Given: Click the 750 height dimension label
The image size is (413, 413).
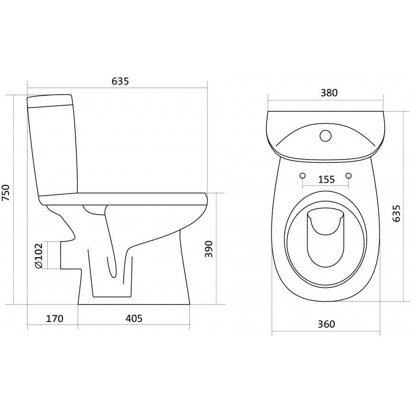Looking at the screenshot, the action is pyautogui.click(x=6, y=193).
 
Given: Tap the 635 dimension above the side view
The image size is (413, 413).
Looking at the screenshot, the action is pyautogui.click(x=120, y=81).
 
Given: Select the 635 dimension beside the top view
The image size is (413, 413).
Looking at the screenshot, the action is pyautogui.click(x=396, y=213).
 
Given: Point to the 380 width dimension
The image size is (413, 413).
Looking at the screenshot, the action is pyautogui.click(x=329, y=93).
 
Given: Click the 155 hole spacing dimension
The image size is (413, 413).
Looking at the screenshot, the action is pyautogui.click(x=326, y=180).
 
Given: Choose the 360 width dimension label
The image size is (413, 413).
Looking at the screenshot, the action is pyautogui.click(x=326, y=324).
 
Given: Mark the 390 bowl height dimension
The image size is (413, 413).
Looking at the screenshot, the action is pyautogui.click(x=208, y=249).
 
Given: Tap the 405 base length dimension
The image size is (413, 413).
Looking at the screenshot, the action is pyautogui.click(x=134, y=318).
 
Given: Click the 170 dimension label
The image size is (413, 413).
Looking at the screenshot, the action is pyautogui.click(x=54, y=318).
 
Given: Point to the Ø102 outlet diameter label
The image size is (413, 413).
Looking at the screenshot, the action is pyautogui.click(x=38, y=255).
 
